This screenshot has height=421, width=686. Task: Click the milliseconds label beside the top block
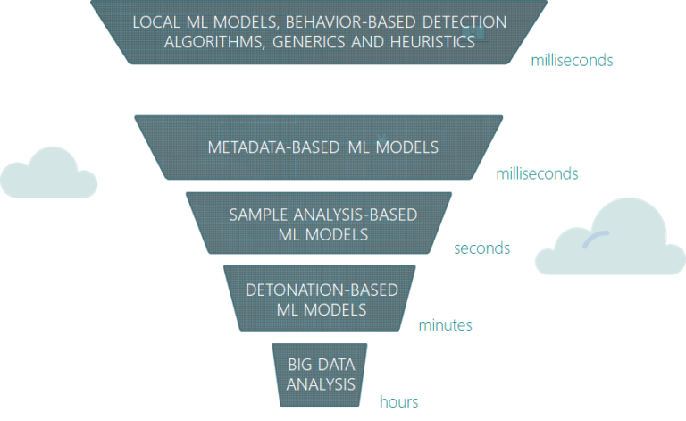pyautogui.click(x=572, y=61)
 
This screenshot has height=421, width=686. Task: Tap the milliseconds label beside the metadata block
pyautogui.click(x=537, y=174)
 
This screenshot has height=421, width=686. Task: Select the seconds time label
pyautogui.click(x=481, y=248)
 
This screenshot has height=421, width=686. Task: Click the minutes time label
pyautogui.click(x=445, y=325)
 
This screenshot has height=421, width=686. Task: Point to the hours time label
pyautogui.click(x=398, y=402)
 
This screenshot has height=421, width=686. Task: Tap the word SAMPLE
pyautogui.click(x=258, y=215)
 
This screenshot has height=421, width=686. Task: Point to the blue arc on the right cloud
pyautogui.click(x=595, y=237)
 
